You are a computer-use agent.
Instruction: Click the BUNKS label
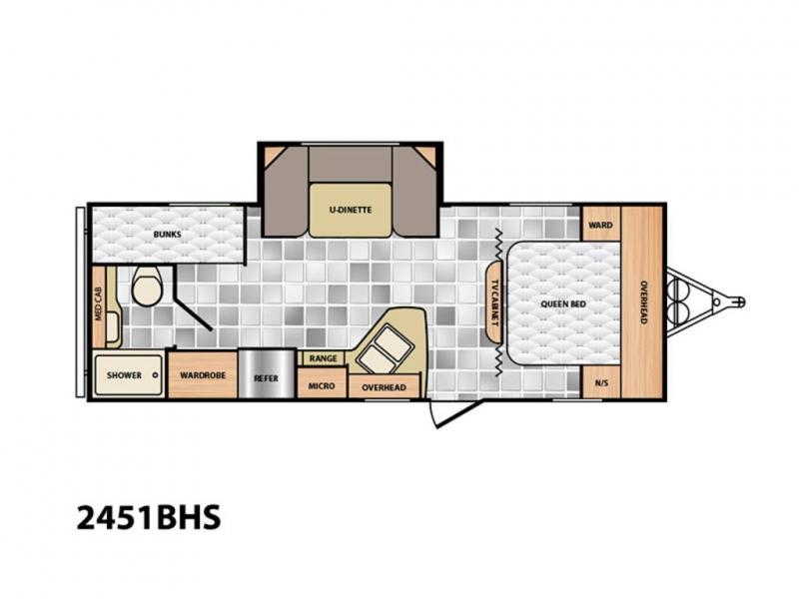coord(167,235)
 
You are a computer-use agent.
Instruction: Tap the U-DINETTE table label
coord(351,210)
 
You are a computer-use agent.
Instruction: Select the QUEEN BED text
coord(563,304)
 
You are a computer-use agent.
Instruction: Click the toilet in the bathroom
coord(147,287)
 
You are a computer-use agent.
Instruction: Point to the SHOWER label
coord(124,375)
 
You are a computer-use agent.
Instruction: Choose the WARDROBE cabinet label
coord(203,375)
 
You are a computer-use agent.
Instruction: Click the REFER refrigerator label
coord(267,378)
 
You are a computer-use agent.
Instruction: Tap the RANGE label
coord(323,358)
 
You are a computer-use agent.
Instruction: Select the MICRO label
coord(322,386)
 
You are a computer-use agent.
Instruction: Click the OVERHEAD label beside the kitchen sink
coord(385,387)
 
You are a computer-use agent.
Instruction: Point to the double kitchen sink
coord(386,347)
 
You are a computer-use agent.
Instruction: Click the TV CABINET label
coord(494,302)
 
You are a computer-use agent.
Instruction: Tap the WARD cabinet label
coord(601,225)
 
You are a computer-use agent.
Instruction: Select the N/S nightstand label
coord(601,383)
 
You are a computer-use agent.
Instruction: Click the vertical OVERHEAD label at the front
coord(643,302)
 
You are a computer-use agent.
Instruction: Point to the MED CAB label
coord(98,304)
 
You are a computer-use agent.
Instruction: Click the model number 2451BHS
coord(149,517)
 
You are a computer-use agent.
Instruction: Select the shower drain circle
coord(155,375)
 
